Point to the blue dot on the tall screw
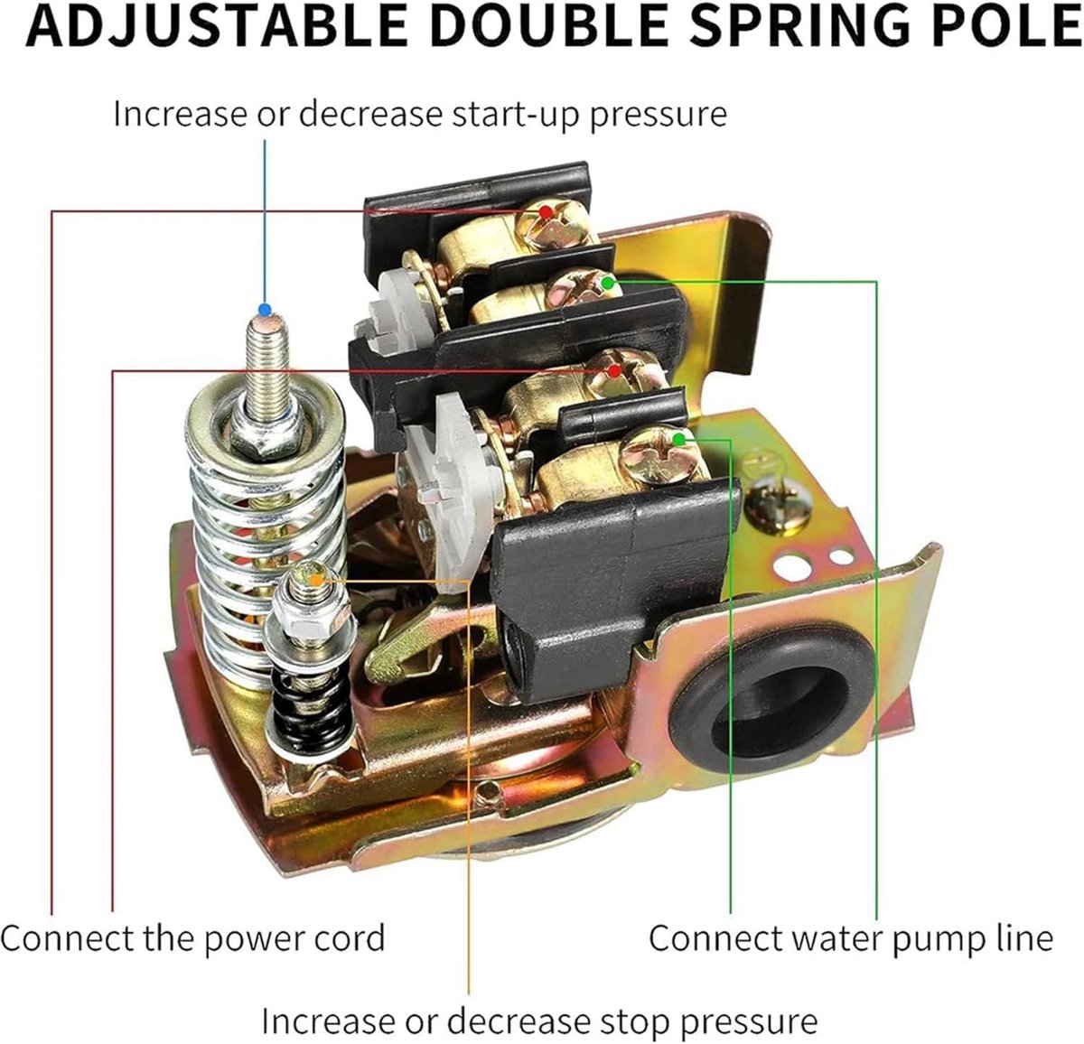tap(266, 310)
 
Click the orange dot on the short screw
tap(316, 581)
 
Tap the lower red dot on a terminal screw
tap(613, 371)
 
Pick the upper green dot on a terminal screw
tap(608, 283)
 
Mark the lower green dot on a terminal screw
tap(678, 439)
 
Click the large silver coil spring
tap(266, 535)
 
